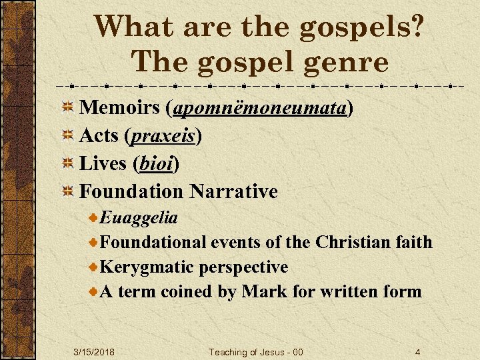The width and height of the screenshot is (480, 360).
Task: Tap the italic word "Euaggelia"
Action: pos(138,217)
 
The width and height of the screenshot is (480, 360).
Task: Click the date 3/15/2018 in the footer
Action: pos(93,352)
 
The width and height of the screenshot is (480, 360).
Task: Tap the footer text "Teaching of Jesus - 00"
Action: pos(256,352)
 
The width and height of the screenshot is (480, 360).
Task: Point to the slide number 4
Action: pos(417,352)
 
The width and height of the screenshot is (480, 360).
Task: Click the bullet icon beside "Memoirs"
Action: pos(67,108)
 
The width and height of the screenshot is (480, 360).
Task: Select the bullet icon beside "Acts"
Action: pos(67,136)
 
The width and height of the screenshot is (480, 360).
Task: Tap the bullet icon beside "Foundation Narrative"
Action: pos(67,192)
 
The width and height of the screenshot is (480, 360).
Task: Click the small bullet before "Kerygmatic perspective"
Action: pos(94,267)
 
